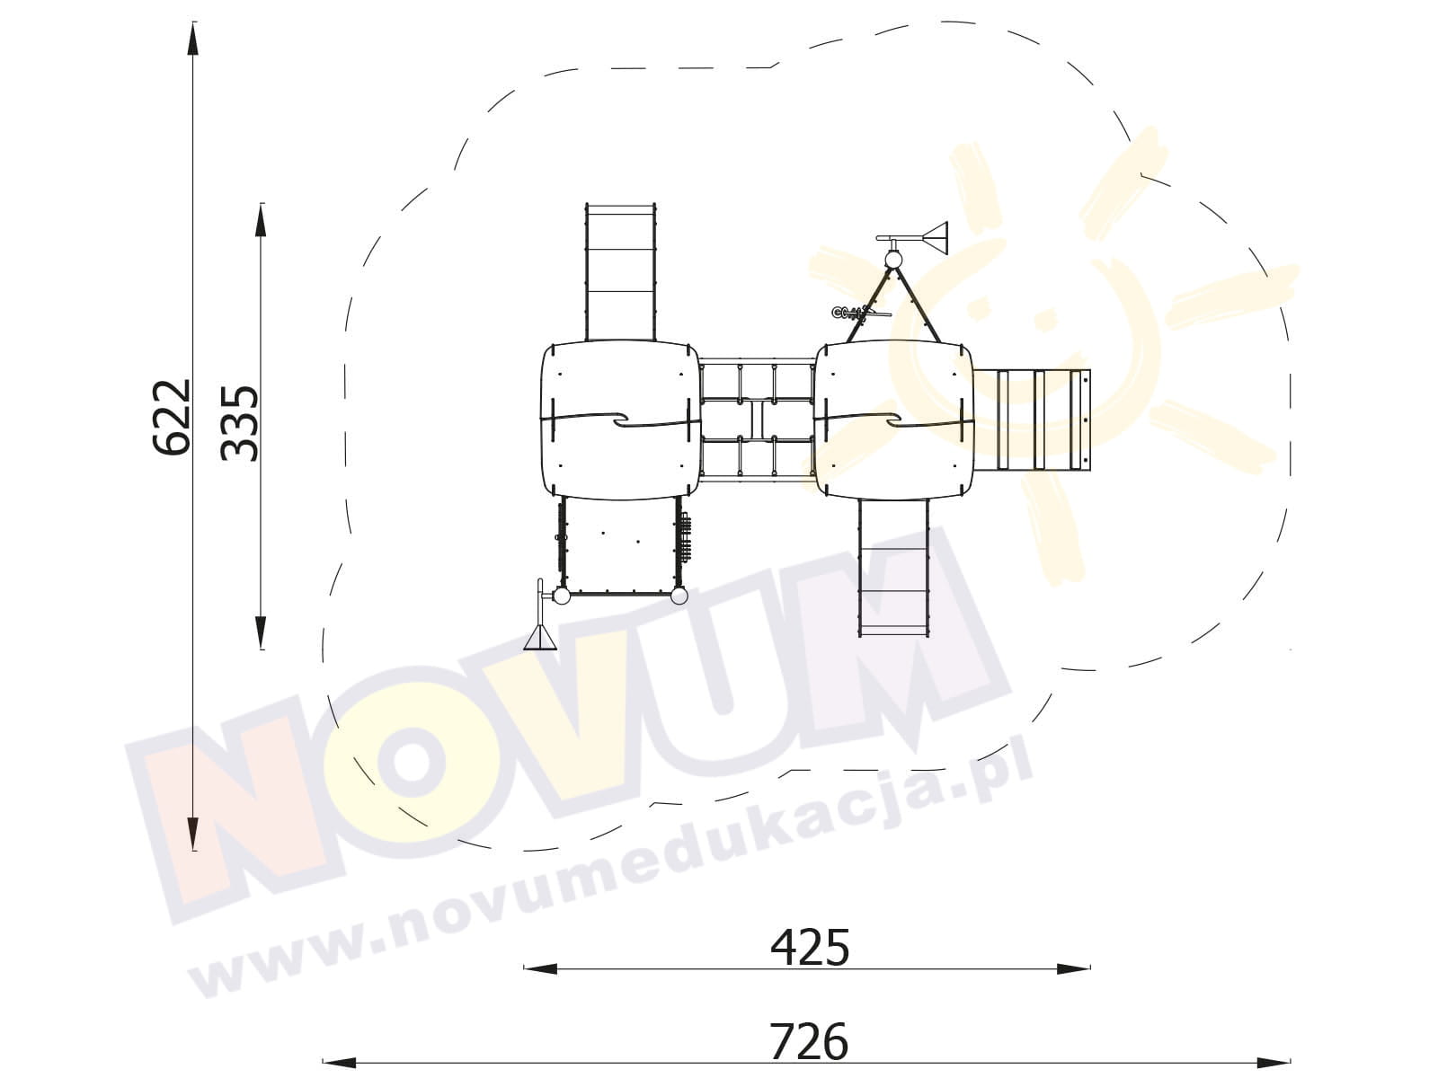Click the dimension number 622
pos(172,416)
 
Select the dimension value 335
pos(241,423)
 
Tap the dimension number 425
pos(810,947)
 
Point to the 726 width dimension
pos(809,1041)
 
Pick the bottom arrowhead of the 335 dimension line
pos(262,632)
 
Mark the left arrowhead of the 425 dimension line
pos(540,968)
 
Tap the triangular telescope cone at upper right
pos(935,238)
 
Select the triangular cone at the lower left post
pos(540,638)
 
